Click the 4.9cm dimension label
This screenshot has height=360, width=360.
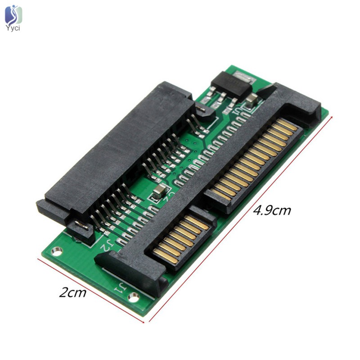coord(272,210)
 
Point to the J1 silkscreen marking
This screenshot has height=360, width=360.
coord(119,287)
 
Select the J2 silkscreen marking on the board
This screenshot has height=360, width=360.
coord(104,246)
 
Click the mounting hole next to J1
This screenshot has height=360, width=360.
coord(133,297)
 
